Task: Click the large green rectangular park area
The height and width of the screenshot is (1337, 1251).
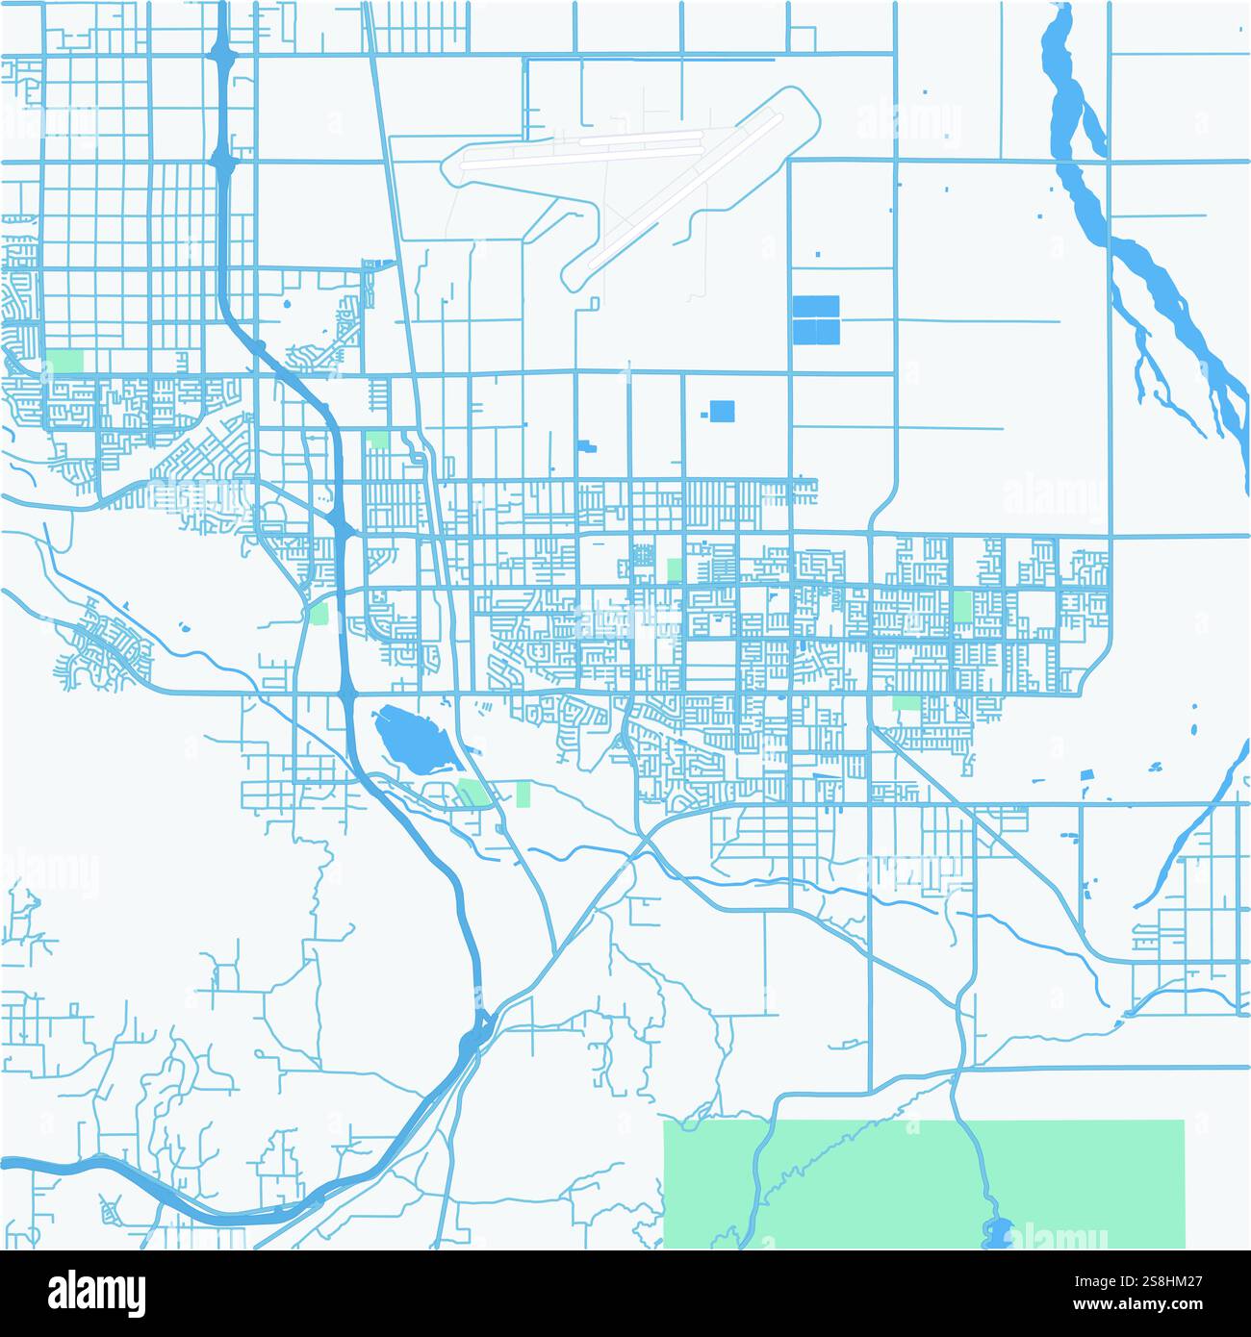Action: coord(924,1183)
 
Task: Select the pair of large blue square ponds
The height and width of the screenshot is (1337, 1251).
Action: coord(816,319)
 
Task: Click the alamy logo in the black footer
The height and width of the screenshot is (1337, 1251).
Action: coord(96,1294)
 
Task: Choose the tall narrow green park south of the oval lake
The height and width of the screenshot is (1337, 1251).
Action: coord(523,794)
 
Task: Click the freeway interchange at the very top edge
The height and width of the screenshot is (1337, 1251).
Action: coord(223,53)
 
